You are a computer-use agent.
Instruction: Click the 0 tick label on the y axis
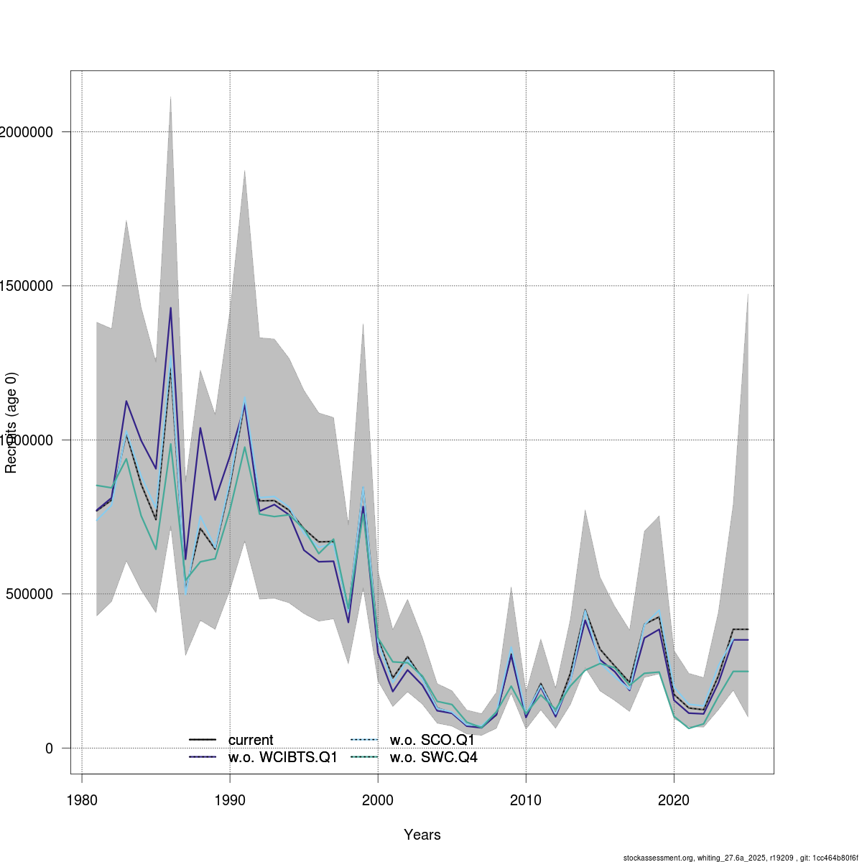[x=49, y=749]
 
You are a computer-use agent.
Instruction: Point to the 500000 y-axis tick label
[x=29, y=594]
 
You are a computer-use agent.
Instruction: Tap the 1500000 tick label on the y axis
[x=27, y=286]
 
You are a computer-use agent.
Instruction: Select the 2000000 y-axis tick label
[x=27, y=132]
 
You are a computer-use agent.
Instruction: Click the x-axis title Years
[x=422, y=835]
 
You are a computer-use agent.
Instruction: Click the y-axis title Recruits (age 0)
[x=11, y=423]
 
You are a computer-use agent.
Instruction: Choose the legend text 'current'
[x=251, y=741]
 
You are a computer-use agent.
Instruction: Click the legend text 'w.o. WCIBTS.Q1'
[x=283, y=758]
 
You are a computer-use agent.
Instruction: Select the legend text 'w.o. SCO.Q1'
[x=432, y=741]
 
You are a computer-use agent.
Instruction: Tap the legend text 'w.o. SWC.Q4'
[x=433, y=758]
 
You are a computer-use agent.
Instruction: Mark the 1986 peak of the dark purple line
[x=170, y=307]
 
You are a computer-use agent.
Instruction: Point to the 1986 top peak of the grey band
[x=170, y=96]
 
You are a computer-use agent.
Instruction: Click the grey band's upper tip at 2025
[x=748, y=293]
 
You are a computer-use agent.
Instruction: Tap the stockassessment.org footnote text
[x=740, y=858]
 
